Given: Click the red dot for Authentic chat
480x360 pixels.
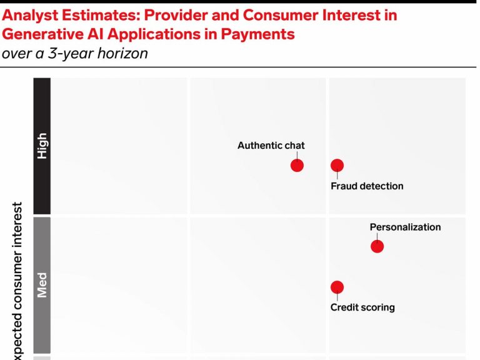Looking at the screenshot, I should (x=297, y=166).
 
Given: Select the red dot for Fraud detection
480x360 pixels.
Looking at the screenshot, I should (x=337, y=166).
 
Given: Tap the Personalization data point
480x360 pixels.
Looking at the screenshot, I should (x=377, y=246).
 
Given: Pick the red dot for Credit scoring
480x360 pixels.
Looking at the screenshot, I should (x=337, y=287).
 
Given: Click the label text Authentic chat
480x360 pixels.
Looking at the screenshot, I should (x=271, y=146).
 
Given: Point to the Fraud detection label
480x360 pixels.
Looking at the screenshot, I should (x=367, y=186).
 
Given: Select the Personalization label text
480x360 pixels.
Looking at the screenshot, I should (x=405, y=227).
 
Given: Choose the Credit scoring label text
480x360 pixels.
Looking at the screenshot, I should (x=362, y=307).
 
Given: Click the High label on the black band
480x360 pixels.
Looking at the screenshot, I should (x=42, y=146).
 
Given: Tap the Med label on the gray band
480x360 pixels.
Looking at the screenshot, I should (x=42, y=284).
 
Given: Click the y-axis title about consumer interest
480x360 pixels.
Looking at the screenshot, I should (x=18, y=281).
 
